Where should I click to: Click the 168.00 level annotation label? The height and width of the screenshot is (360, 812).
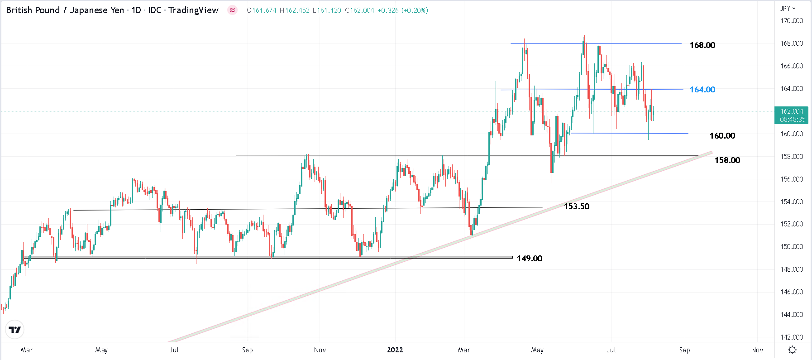click(x=702, y=45)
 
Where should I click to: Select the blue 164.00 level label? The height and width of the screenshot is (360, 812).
click(x=702, y=90)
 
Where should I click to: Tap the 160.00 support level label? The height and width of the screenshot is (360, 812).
click(x=722, y=136)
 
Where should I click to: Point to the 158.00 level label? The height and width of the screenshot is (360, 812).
click(x=727, y=160)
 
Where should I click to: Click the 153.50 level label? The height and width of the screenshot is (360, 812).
click(x=576, y=206)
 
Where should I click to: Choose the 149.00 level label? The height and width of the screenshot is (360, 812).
click(x=529, y=259)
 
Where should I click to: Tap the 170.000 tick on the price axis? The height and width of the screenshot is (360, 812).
click(x=791, y=21)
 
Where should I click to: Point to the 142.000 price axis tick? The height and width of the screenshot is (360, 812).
click(x=791, y=337)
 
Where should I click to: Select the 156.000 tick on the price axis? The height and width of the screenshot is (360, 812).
click(x=791, y=179)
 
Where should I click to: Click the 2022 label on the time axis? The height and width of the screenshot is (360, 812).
click(x=395, y=350)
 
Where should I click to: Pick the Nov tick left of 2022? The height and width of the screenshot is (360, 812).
click(x=320, y=350)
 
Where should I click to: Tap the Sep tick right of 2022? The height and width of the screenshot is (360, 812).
click(x=684, y=350)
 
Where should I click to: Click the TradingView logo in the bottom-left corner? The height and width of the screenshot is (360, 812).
click(x=15, y=330)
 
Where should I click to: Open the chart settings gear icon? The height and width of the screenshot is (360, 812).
click(x=792, y=350)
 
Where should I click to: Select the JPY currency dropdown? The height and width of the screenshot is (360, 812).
click(x=788, y=9)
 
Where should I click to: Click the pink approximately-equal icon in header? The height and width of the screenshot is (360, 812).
click(x=232, y=10)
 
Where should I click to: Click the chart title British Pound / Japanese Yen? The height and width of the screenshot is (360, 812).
click(x=65, y=10)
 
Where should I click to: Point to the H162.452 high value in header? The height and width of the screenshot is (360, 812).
click(x=295, y=10)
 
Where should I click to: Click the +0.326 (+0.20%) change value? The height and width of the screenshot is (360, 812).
click(x=402, y=10)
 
